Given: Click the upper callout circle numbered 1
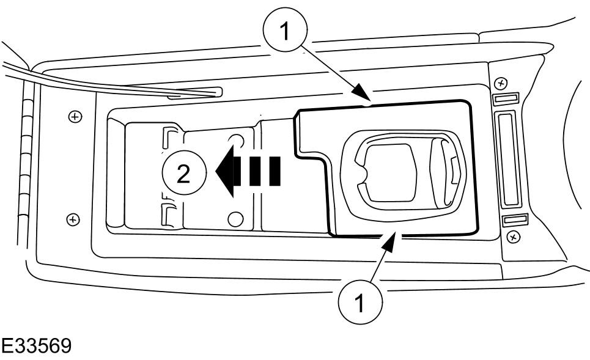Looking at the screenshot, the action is (285, 30).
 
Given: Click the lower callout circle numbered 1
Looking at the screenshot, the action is (360, 302).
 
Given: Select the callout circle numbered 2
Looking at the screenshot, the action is (184, 173).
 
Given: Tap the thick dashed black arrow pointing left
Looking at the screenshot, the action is (248, 171).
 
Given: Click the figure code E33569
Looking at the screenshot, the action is (35, 346).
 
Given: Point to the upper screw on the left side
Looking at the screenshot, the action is (75, 117).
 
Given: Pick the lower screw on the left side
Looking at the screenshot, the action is (73, 219).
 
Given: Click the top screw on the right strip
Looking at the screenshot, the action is (501, 83).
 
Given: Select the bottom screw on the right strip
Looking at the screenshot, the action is (513, 237).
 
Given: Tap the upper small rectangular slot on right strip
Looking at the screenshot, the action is (506, 99).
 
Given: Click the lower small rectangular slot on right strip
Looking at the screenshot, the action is (515, 220).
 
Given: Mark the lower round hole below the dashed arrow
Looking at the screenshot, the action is (235, 219).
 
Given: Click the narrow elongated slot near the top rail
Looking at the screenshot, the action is (194, 93).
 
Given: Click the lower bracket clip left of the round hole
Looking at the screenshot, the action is (168, 216).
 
